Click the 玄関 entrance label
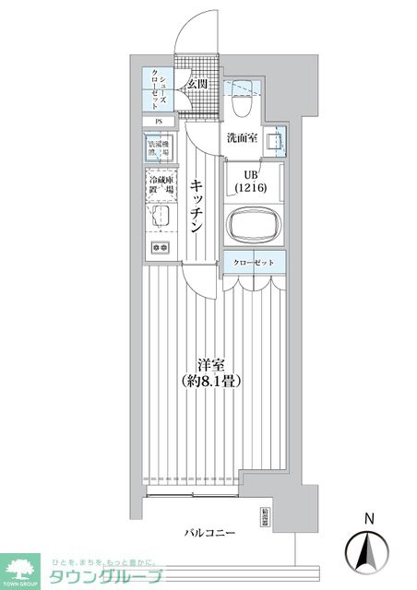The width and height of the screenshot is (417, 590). [x=197, y=85]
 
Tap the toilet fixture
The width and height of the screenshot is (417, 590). [x=244, y=104]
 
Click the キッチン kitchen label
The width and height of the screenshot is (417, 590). [x=197, y=208]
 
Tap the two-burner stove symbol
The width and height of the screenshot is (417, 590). [x=159, y=247]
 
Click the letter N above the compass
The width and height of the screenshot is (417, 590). [x=367, y=518]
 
